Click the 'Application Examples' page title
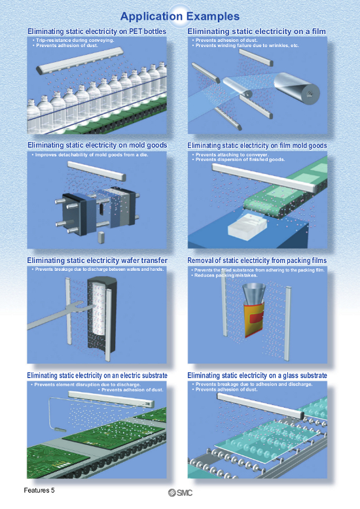click(180, 16)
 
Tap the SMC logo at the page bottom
click(180, 493)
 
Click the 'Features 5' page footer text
click(39, 490)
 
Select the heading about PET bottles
click(97, 31)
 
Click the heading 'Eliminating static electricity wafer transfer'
click(97, 260)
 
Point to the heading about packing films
click(257, 260)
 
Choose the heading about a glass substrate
click(257, 376)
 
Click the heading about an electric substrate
click(97, 376)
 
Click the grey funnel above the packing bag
click(254, 294)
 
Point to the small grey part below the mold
click(101, 237)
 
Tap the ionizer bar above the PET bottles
click(80, 60)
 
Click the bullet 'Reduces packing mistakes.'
click(226, 275)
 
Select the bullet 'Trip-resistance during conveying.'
click(73, 41)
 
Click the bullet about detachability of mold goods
click(90, 155)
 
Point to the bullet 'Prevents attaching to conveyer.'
click(230, 155)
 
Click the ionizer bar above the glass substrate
click(261, 406)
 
